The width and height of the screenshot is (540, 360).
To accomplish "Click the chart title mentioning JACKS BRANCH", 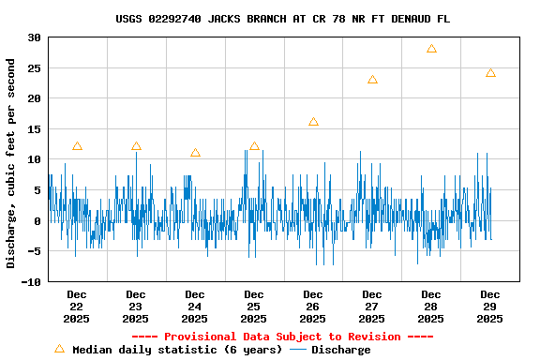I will point(282,19).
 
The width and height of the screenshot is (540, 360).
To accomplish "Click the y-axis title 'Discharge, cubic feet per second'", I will point(11,163).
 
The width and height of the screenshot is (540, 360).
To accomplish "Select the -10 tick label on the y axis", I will point(31,282).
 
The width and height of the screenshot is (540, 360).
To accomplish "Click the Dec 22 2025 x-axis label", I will point(77,307).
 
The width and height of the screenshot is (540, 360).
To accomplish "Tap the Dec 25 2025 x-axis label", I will point(254,307).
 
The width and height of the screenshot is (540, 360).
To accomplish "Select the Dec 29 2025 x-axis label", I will point(490,307).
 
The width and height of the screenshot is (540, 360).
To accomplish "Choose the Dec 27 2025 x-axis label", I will point(372,307).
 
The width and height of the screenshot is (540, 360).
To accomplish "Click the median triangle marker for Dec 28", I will point(431,49).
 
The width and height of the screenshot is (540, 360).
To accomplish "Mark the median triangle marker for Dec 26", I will point(313,122).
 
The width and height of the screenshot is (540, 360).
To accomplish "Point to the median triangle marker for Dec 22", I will point(77,146).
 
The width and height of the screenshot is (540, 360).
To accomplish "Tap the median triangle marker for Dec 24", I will point(195,153).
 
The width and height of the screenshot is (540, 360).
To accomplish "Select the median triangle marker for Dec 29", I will point(490,73).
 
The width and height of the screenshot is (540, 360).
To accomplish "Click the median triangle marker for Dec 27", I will point(372,80).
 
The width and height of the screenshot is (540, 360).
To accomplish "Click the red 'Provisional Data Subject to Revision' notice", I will point(282,337).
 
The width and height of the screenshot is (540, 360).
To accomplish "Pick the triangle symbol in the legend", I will point(59,349).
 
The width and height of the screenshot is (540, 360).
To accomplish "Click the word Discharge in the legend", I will point(341,350).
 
